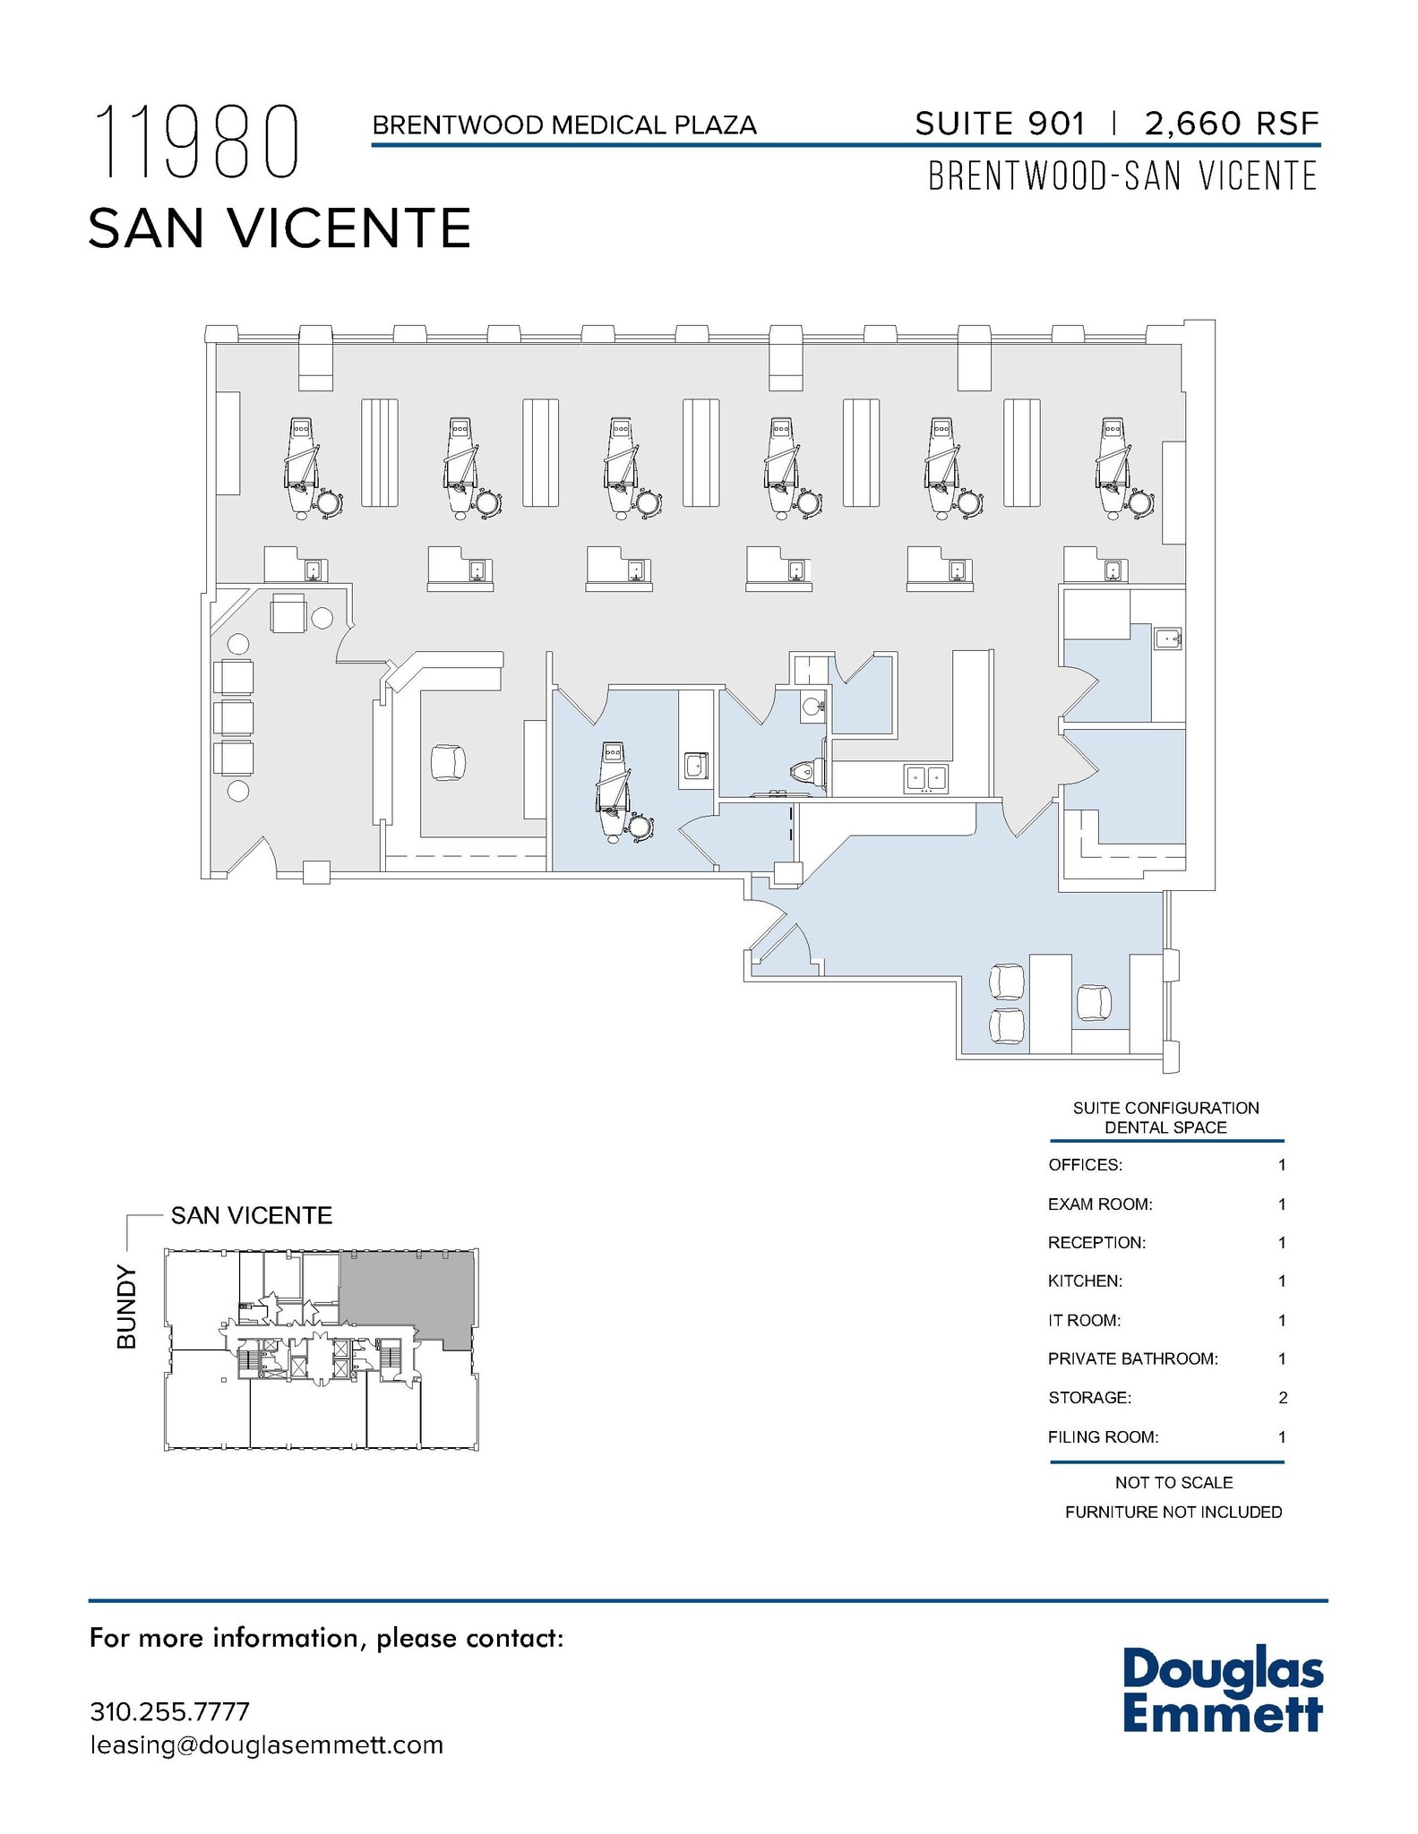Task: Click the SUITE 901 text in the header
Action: tap(999, 124)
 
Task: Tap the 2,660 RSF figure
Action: tap(1231, 124)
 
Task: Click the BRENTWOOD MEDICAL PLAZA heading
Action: tap(564, 125)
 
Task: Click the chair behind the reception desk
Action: tap(448, 763)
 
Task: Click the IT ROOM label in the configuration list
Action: tap(1084, 1320)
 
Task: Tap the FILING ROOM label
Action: tap(1103, 1436)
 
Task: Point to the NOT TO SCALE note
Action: tap(1173, 1482)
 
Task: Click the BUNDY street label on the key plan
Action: tap(128, 1307)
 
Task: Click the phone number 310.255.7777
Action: tap(169, 1711)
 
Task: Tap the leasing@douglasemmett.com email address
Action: tap(266, 1744)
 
